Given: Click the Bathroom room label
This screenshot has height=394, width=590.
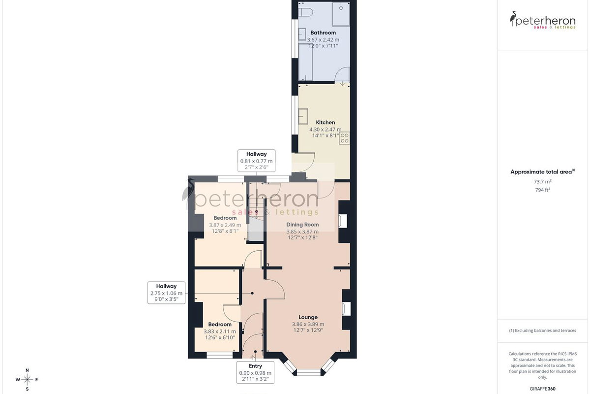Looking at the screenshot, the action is click(323, 33).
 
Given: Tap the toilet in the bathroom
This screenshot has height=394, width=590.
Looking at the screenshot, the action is click(305, 12).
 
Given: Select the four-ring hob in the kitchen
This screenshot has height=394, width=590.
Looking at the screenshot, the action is click(344, 138).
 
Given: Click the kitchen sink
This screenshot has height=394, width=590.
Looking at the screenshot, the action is click(303, 116).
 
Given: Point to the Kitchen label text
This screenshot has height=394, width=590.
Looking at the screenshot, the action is click(325, 123).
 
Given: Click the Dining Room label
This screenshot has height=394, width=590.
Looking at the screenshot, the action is click(302, 225).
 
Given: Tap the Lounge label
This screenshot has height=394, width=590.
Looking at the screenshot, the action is click(308, 317).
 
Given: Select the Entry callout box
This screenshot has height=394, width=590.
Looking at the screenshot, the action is click(255, 372).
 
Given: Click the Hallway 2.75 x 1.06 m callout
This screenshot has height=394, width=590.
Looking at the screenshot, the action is click(166, 293).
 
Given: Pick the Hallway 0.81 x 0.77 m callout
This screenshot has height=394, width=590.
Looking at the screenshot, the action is click(256, 161).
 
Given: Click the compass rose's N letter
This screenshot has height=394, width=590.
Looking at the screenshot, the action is click(27, 370).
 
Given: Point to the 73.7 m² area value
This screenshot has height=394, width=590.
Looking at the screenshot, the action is click(543, 182).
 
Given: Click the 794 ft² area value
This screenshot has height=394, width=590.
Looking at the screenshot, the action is click(543, 190).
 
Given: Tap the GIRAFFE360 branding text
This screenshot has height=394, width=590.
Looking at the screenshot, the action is click(543, 389).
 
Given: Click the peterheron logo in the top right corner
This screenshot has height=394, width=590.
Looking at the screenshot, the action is click(543, 20).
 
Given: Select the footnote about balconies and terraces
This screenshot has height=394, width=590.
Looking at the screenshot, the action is click(543, 330).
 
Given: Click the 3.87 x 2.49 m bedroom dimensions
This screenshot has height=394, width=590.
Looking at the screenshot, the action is click(225, 225).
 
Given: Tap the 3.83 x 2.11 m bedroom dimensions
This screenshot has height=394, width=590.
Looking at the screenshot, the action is click(220, 331).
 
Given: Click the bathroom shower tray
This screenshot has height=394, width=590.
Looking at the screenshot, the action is click(341, 14).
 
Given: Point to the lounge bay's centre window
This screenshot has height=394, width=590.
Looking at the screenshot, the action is click(308, 372).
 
